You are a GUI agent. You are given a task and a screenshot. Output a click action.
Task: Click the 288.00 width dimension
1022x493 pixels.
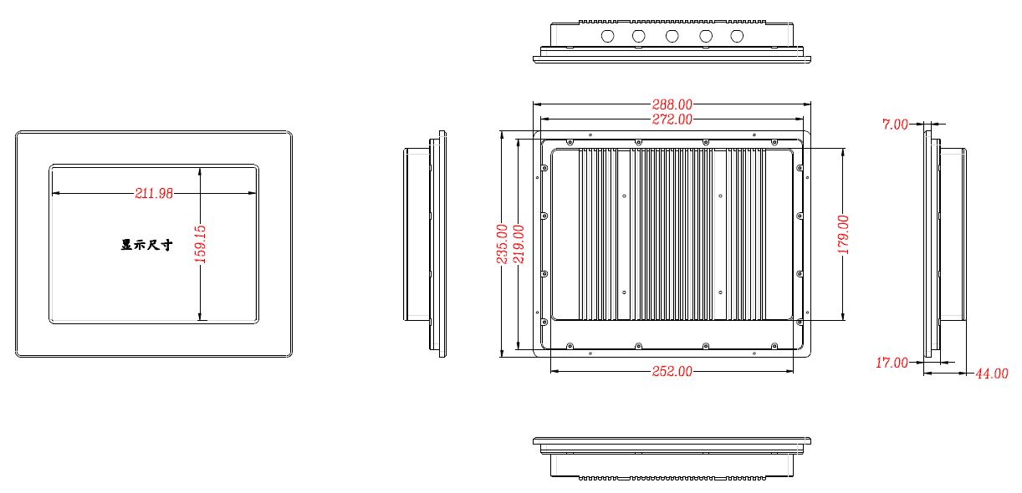pos(672,104)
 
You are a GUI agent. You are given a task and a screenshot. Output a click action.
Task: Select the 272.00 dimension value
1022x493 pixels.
pos(672,119)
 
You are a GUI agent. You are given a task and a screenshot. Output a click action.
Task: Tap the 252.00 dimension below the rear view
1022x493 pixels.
pos(672,371)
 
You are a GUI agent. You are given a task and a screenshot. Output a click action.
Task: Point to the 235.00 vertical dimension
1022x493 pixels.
pos(502,244)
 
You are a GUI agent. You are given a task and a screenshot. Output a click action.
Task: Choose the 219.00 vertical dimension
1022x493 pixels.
pos(519,244)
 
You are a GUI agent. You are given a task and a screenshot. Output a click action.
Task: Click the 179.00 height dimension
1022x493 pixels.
pos(843,235)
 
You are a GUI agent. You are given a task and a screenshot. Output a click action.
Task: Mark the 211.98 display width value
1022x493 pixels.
pos(154,194)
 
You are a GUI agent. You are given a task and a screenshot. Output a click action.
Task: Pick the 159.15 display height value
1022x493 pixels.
pos(200,244)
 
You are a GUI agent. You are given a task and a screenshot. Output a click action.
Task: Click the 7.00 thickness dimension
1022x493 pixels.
pos(895,125)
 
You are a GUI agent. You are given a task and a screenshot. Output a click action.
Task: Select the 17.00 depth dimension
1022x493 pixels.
pos(892,363)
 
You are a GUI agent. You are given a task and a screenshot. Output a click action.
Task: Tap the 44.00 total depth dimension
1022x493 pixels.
pos(991,374)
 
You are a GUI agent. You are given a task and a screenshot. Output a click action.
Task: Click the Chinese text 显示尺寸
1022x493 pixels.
pos(147,245)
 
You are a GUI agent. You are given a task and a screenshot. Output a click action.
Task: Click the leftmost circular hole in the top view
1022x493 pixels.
pos(607,36)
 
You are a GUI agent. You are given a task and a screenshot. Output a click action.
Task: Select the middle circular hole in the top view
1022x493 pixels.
pos(672,36)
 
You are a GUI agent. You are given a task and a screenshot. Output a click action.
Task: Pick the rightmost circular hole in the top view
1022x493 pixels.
pos(737,36)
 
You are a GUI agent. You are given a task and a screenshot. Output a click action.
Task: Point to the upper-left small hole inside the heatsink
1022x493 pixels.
pos(624,196)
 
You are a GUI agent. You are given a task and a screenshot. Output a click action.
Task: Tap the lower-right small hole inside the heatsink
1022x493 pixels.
pos(720,292)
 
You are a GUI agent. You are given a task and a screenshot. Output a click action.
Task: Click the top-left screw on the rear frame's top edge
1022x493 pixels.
pos(570,143)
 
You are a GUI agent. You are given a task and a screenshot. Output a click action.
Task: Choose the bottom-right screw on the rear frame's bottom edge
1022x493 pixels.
pos(774,346)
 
